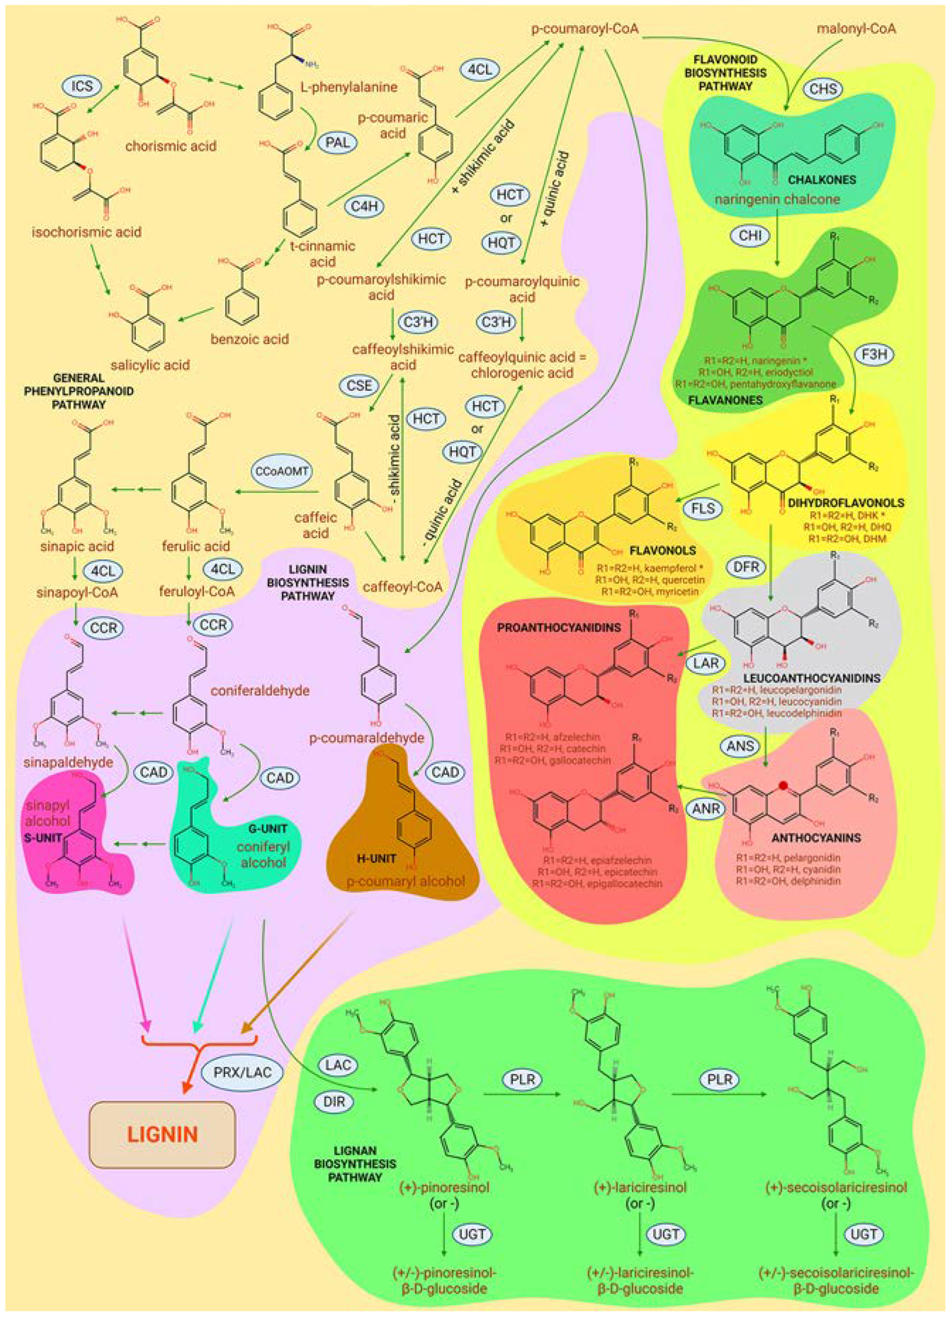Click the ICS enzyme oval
[x=82, y=86]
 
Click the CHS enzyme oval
[x=824, y=89]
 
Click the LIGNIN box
[x=162, y=1134]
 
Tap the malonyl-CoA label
[x=856, y=28]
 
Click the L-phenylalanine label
[x=349, y=87]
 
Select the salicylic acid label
[x=151, y=365]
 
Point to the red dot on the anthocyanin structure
[x=783, y=785]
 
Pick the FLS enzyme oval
[x=703, y=508]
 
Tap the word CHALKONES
[x=822, y=180]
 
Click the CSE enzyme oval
[x=359, y=386]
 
